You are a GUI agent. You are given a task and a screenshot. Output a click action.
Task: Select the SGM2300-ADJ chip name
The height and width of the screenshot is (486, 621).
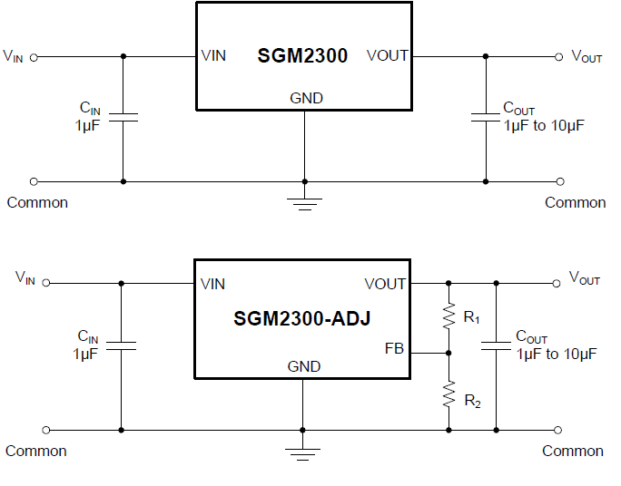click(301, 318)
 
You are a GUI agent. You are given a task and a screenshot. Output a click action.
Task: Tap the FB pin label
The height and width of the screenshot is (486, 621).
click(394, 347)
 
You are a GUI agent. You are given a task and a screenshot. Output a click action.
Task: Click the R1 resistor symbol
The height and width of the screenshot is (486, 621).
click(448, 316)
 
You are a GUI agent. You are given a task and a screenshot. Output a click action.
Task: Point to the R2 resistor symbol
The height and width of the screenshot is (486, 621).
click(448, 394)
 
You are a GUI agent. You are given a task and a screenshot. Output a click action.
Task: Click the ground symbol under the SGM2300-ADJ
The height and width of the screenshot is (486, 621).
click(302, 451)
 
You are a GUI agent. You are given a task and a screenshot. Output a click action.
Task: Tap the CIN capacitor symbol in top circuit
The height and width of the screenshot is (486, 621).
click(123, 116)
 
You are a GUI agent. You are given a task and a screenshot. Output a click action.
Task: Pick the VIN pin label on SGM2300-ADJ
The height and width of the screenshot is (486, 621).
click(213, 284)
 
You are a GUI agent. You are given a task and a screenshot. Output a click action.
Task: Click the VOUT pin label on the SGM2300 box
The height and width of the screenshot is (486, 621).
click(388, 56)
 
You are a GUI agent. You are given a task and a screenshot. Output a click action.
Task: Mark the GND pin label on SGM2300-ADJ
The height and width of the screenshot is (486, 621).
click(304, 366)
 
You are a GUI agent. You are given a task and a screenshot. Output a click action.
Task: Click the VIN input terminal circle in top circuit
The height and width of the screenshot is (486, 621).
click(34, 56)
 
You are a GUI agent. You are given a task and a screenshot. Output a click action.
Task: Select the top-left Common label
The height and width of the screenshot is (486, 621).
click(37, 202)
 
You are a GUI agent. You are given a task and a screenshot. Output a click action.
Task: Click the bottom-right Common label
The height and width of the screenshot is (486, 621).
click(573, 451)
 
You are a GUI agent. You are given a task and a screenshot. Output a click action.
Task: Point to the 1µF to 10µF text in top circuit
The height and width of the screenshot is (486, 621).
click(543, 126)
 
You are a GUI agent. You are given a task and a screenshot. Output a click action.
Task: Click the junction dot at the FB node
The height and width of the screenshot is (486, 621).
click(448, 353)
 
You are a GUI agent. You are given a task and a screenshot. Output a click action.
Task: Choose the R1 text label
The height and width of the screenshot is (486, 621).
click(471, 317)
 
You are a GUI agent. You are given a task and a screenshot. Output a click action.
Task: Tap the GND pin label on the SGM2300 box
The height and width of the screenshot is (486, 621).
click(306, 98)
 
